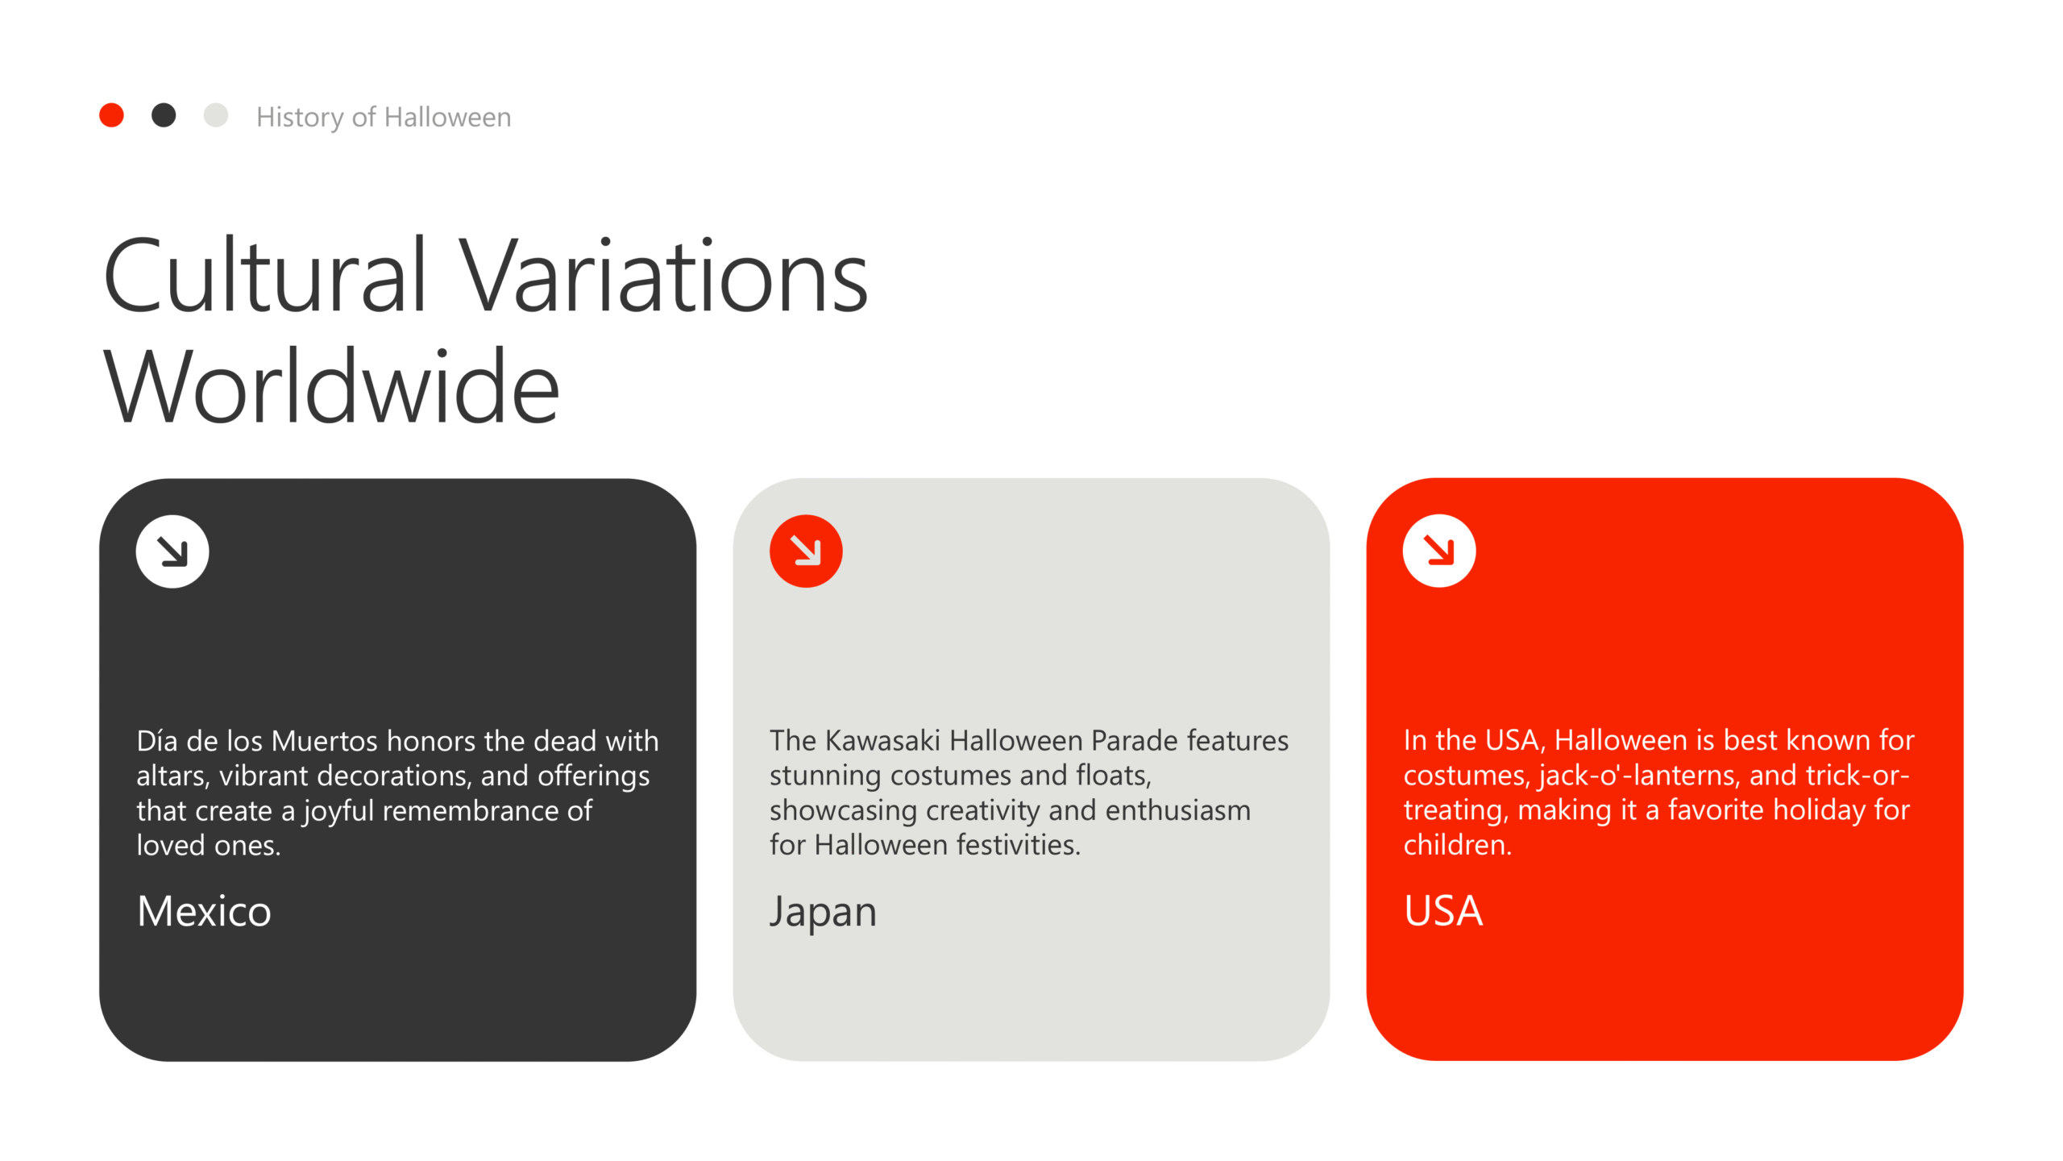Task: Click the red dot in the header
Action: click(111, 115)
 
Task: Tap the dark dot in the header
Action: click(164, 115)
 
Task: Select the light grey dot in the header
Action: click(216, 115)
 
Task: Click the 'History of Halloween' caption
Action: click(384, 118)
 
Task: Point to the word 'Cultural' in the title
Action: click(264, 276)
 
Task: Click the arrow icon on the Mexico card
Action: click(172, 551)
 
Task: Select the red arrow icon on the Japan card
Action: click(806, 551)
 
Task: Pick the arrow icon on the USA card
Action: click(1439, 551)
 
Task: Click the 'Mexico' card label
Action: click(204, 912)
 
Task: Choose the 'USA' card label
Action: click(1443, 912)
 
